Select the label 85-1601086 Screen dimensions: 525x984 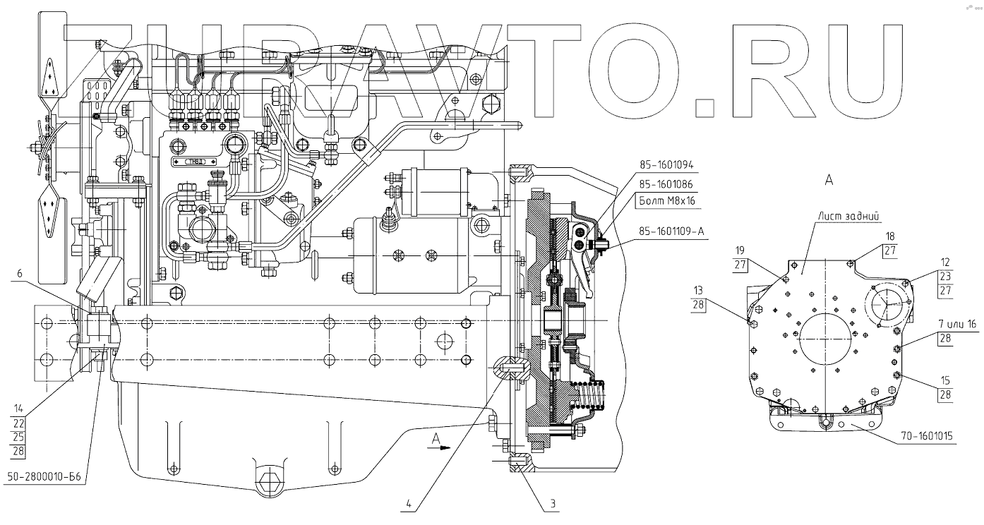tap(667, 184)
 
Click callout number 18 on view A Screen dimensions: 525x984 tap(891, 236)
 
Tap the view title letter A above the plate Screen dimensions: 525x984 tap(829, 181)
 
